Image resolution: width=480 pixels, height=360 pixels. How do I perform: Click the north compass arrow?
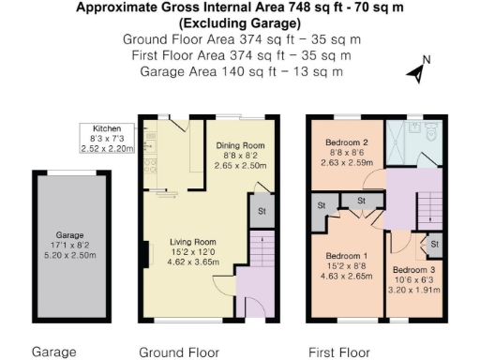pyautogui.click(x=416, y=69)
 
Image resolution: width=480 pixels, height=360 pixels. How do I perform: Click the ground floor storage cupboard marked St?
pyautogui.click(x=261, y=211)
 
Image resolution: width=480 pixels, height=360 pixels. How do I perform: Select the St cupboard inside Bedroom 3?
pyautogui.click(x=433, y=245)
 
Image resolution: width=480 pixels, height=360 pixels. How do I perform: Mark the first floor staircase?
pyautogui.click(x=430, y=201)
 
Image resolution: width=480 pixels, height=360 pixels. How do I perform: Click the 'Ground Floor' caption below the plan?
pyautogui.click(x=178, y=352)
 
